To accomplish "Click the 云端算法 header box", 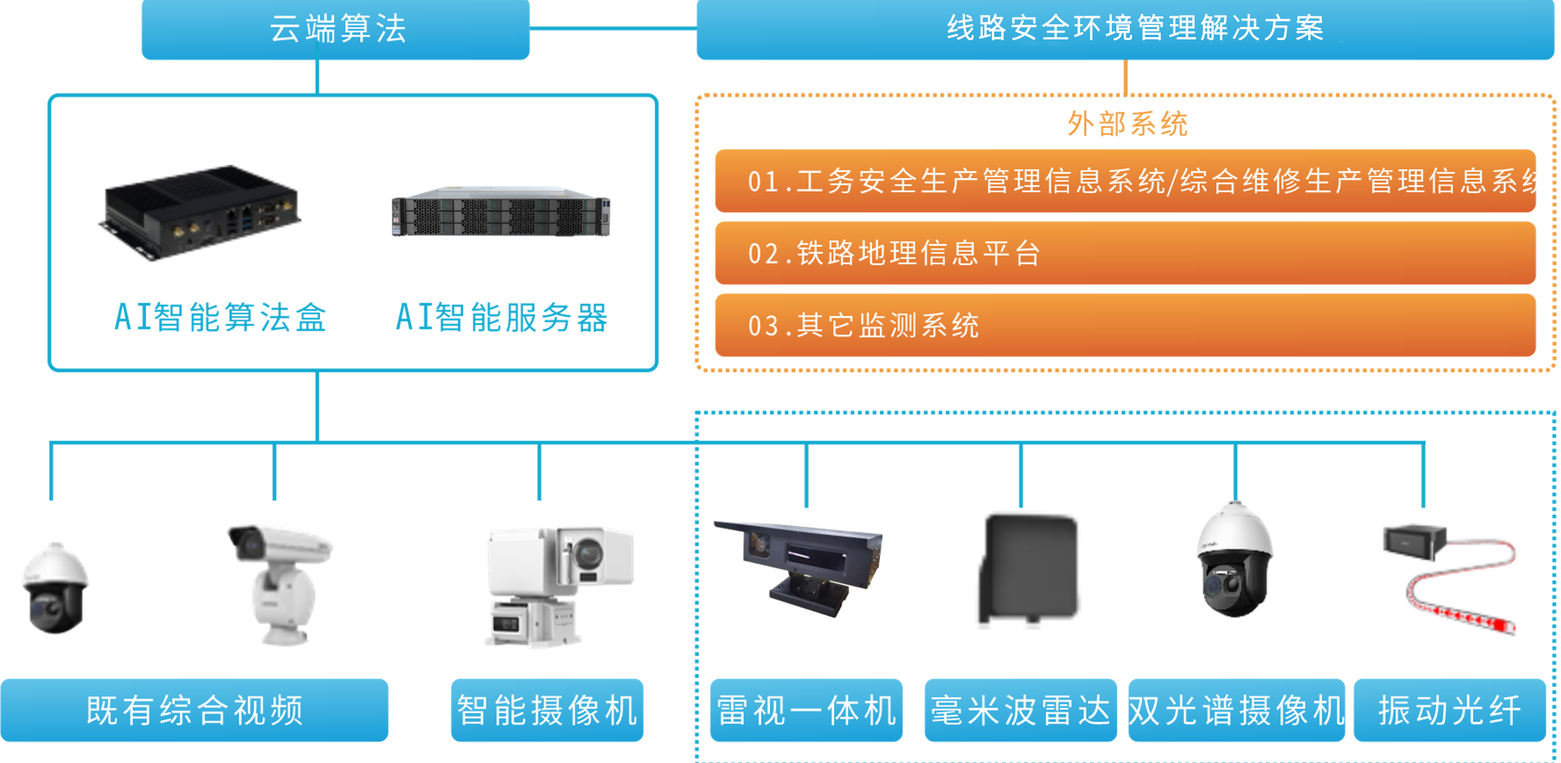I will tap(335, 29).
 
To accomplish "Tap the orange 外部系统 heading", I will tap(1126, 124).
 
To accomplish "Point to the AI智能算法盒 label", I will tap(221, 317).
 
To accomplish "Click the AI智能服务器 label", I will tap(502, 317).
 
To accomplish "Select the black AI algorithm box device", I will tap(200, 212).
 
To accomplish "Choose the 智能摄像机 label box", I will tap(547, 710).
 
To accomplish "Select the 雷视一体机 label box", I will tap(806, 710).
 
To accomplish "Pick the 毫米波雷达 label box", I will tap(1020, 710).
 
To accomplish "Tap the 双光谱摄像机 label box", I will tap(1236, 710).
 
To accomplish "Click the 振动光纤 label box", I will tap(1450, 710).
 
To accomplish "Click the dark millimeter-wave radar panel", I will tap(1029, 569).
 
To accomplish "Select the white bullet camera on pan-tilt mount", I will tap(280, 581).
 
